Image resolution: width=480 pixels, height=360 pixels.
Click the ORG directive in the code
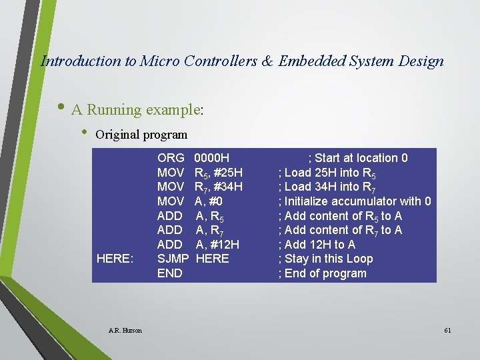pyautogui.click(x=171, y=158)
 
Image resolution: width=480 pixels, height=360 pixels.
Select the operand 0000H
pyautogui.click(x=211, y=158)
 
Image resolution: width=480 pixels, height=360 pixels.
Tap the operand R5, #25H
pyautogui.click(x=218, y=173)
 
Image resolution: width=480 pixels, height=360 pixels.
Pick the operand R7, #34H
pyautogui.click(x=218, y=187)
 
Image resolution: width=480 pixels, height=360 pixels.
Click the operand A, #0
pyautogui.click(x=209, y=201)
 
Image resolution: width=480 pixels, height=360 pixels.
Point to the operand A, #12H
pyautogui.click(x=217, y=244)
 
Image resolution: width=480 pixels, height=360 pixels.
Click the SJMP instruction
pyautogui.click(x=173, y=259)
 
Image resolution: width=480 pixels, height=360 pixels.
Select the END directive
pyautogui.click(x=169, y=273)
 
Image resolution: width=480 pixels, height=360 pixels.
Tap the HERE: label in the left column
pyautogui.click(x=114, y=259)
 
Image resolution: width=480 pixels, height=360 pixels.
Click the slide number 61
pyautogui.click(x=447, y=330)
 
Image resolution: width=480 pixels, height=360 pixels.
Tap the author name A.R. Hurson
pyautogui.click(x=125, y=330)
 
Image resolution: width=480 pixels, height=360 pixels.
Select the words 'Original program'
pyautogui.click(x=141, y=134)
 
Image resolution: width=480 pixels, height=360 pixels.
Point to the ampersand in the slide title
pyautogui.click(x=267, y=61)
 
